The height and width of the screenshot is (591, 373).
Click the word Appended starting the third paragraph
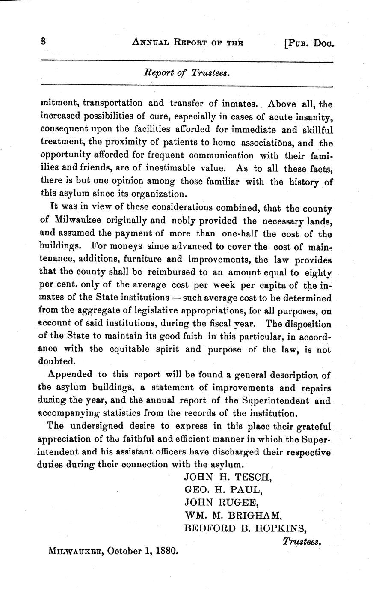[70, 374]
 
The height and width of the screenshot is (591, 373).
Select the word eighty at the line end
[317, 273]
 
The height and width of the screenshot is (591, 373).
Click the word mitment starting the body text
[59, 103]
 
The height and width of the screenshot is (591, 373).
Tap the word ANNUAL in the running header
[151, 42]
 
